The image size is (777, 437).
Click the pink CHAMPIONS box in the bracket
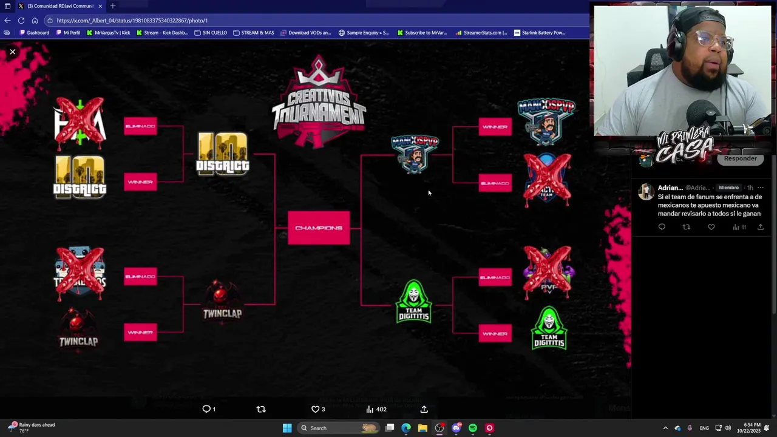click(x=319, y=228)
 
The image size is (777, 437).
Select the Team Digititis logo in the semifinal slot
click(x=413, y=302)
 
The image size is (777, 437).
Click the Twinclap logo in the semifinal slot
click(x=222, y=300)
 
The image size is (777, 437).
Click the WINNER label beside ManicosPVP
click(x=495, y=127)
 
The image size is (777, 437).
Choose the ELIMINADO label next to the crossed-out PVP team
click(x=495, y=277)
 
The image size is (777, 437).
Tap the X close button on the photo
click(x=12, y=52)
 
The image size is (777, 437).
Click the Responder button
click(x=740, y=158)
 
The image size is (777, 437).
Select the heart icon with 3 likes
click(x=315, y=409)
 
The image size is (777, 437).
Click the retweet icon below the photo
click(x=261, y=409)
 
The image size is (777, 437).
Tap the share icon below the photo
click(x=424, y=409)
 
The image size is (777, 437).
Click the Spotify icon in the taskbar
click(x=473, y=428)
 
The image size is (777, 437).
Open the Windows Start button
click(x=287, y=428)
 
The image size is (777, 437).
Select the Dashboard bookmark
click(x=35, y=33)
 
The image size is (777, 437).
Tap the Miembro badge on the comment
click(x=728, y=188)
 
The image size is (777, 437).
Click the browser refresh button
click(x=21, y=20)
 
